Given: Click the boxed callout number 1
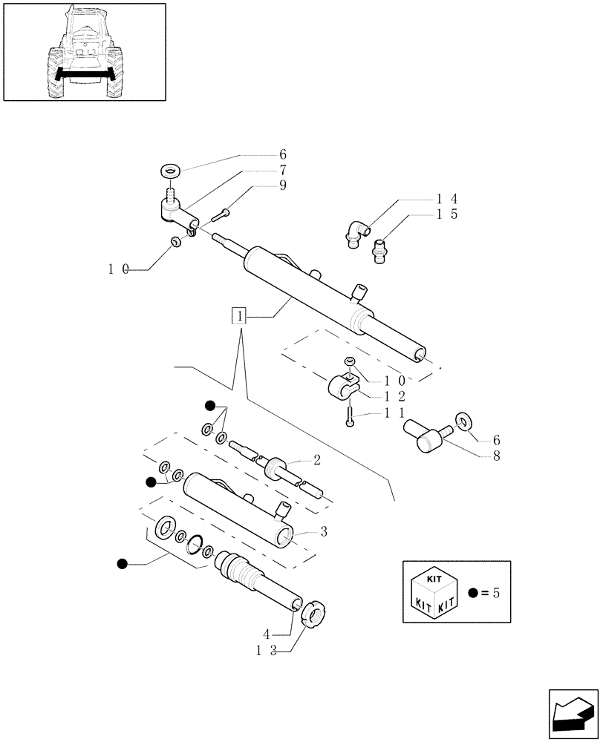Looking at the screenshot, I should tap(238, 317).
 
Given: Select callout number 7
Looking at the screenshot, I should tap(283, 170).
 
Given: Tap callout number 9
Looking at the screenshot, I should tap(283, 185).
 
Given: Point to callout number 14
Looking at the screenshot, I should tap(446, 199).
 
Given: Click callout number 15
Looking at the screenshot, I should tap(446, 214).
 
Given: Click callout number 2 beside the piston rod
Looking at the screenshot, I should tap(316, 461).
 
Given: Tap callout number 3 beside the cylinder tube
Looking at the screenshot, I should tap(324, 531).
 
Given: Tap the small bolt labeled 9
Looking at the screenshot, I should tap(221, 215).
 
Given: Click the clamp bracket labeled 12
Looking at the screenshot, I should tap(342, 387).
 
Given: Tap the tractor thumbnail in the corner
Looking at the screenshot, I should tap(84, 52).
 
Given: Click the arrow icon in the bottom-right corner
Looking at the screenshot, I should tap(573, 714).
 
